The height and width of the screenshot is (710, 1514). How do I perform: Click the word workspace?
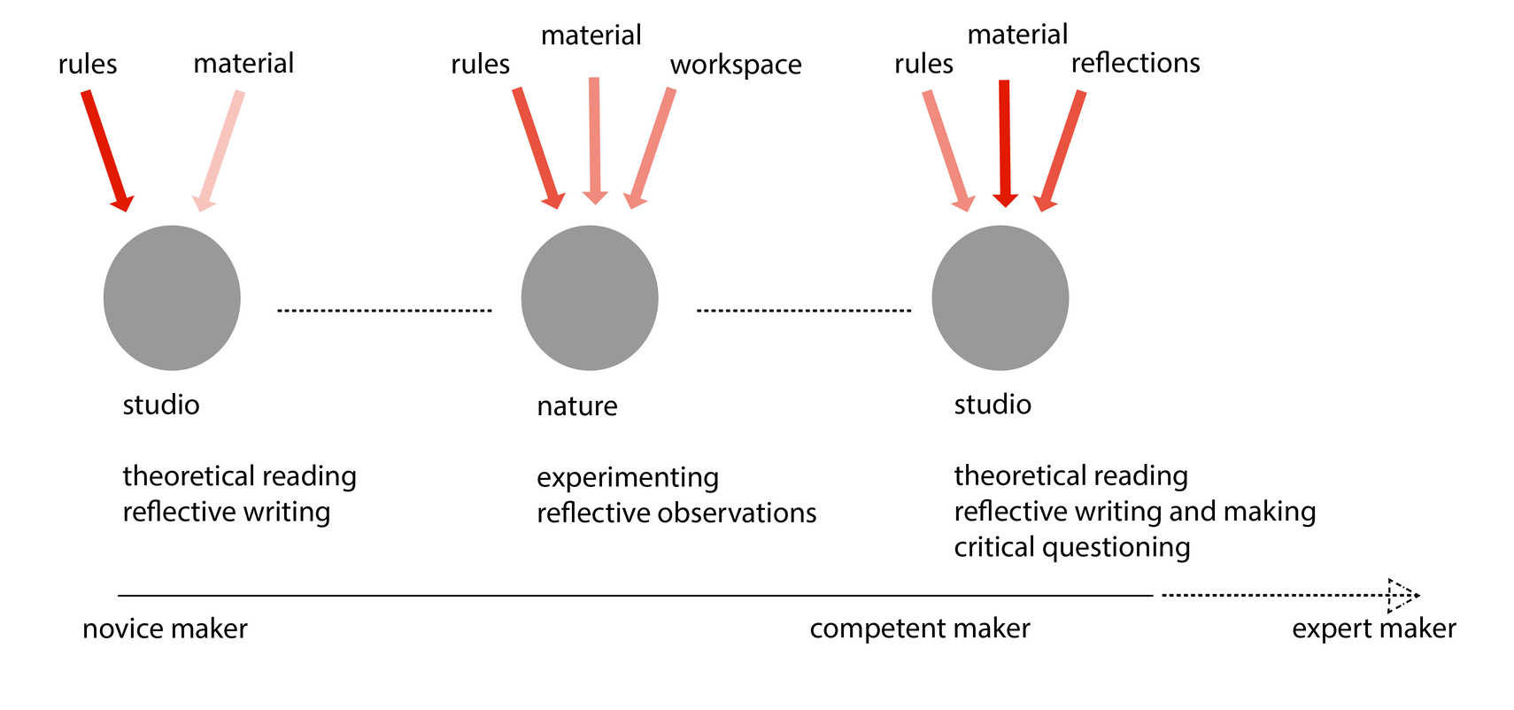coord(735,65)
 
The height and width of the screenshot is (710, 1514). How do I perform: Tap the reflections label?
coord(1135,63)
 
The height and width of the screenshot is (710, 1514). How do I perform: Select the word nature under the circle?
coord(576,405)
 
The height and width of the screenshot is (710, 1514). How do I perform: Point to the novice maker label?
coord(165,629)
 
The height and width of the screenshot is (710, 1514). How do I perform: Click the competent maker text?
coord(919,629)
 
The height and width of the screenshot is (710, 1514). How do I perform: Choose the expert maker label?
coord(1373,629)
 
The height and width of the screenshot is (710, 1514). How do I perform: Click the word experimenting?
coord(627,477)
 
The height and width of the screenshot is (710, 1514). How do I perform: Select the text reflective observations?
coord(676,513)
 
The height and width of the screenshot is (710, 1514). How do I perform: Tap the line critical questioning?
coord(1071,547)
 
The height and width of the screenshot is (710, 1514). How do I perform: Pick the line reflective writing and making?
coord(1134,512)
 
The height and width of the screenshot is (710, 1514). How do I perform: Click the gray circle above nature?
coord(590,297)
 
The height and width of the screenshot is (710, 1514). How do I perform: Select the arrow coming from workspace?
coord(652,147)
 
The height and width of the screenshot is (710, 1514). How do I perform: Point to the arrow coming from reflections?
coord(1062,149)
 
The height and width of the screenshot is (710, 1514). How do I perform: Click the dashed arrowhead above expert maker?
coord(1402,595)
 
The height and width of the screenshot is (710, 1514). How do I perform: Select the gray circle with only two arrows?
coord(172,297)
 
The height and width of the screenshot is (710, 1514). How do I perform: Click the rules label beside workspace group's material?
coord(480,65)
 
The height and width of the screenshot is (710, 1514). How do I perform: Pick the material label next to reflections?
coord(1017,35)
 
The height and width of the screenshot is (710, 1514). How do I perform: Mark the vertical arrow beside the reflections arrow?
coord(1004,142)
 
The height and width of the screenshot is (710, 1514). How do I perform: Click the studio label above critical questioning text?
coord(992,405)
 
